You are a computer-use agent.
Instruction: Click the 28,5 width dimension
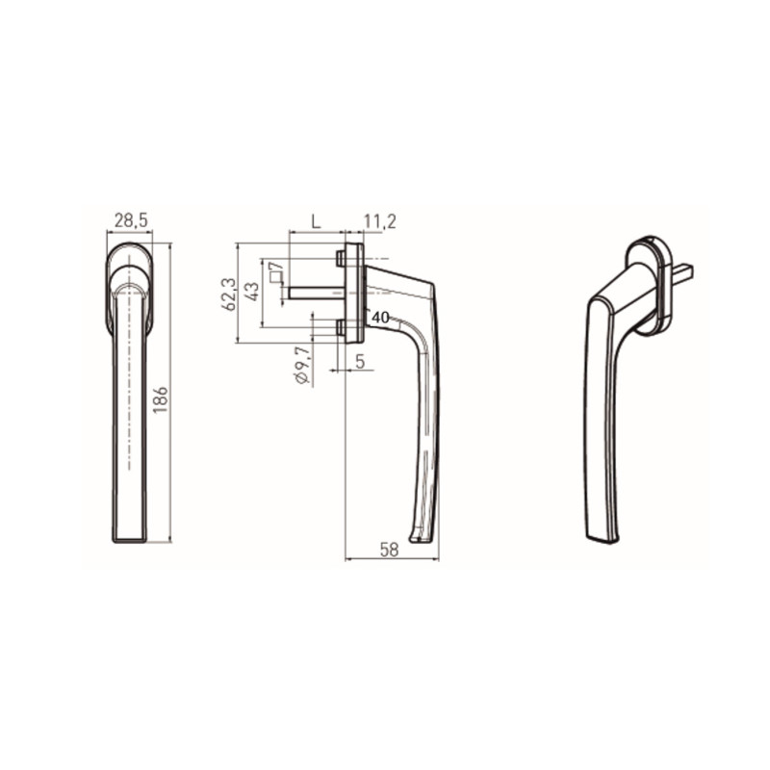click(x=131, y=220)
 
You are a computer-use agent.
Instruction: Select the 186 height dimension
click(x=161, y=399)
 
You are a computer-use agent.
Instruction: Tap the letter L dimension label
click(x=317, y=221)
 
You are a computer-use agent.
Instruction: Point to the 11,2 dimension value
click(x=379, y=221)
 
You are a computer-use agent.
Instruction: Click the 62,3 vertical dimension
click(x=229, y=294)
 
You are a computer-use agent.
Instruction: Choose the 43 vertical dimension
click(x=252, y=292)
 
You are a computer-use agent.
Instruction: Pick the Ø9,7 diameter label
click(x=302, y=365)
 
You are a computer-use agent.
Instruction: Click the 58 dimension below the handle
click(x=389, y=550)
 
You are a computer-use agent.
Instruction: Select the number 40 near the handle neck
click(x=380, y=318)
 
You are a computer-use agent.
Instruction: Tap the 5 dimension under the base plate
click(x=360, y=362)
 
